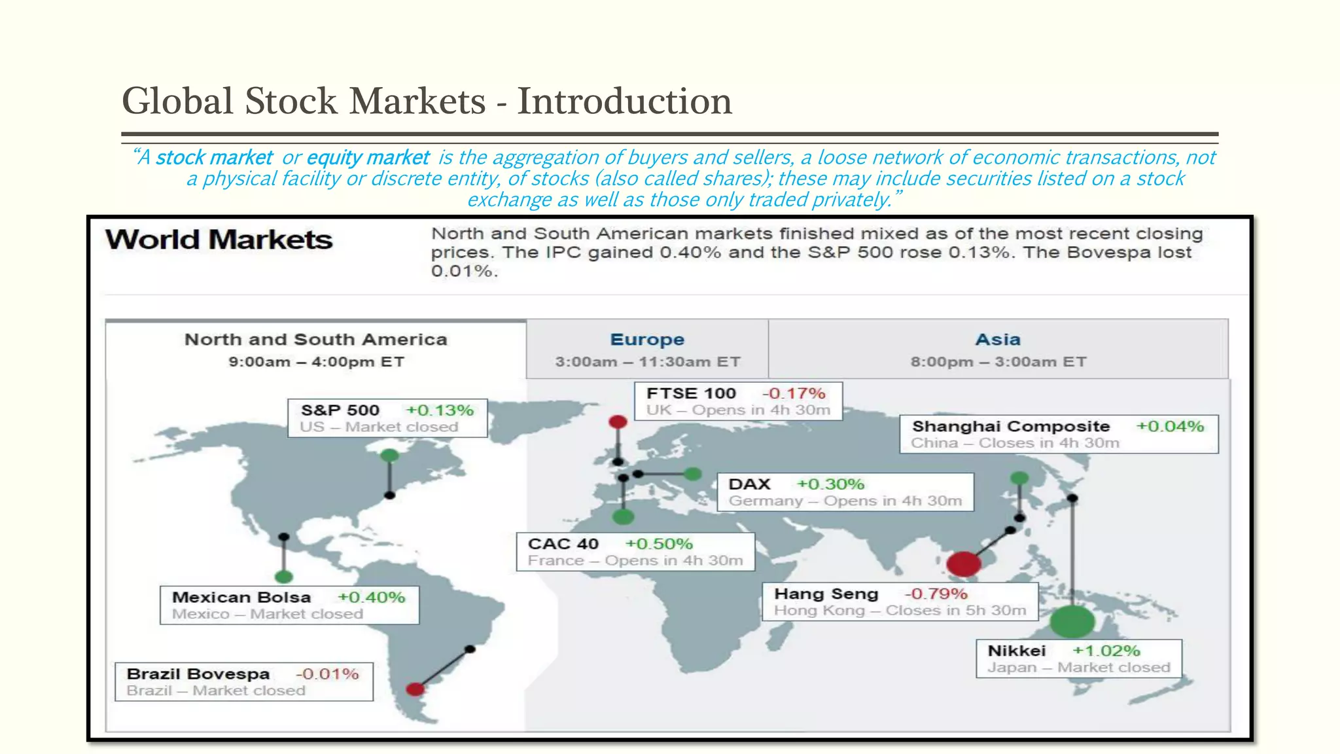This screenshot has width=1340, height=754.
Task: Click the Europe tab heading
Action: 647,340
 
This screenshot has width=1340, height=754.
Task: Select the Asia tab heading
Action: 998,340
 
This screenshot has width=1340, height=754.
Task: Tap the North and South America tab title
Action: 316,340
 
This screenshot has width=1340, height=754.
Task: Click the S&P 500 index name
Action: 340,410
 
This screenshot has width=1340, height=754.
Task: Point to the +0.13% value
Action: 440,410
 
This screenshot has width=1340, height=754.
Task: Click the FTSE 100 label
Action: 691,393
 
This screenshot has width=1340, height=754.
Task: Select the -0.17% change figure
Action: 794,393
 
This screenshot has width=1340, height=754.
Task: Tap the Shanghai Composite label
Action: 1011,426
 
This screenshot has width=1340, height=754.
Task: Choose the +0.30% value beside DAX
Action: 830,484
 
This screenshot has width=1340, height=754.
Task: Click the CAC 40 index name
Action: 563,544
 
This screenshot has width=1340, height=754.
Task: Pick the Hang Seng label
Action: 826,594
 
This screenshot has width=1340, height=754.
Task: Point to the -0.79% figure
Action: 936,594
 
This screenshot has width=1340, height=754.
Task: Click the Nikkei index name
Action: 1016,651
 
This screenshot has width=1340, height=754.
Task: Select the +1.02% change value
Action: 1106,651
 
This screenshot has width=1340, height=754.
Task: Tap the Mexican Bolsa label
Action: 241,597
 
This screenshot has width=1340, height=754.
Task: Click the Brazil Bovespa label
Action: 198,673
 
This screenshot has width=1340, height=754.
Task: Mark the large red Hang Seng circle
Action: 963,563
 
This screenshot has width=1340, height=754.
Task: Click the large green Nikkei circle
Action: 1072,622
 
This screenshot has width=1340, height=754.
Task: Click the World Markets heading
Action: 219,240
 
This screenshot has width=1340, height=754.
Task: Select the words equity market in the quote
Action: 368,158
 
